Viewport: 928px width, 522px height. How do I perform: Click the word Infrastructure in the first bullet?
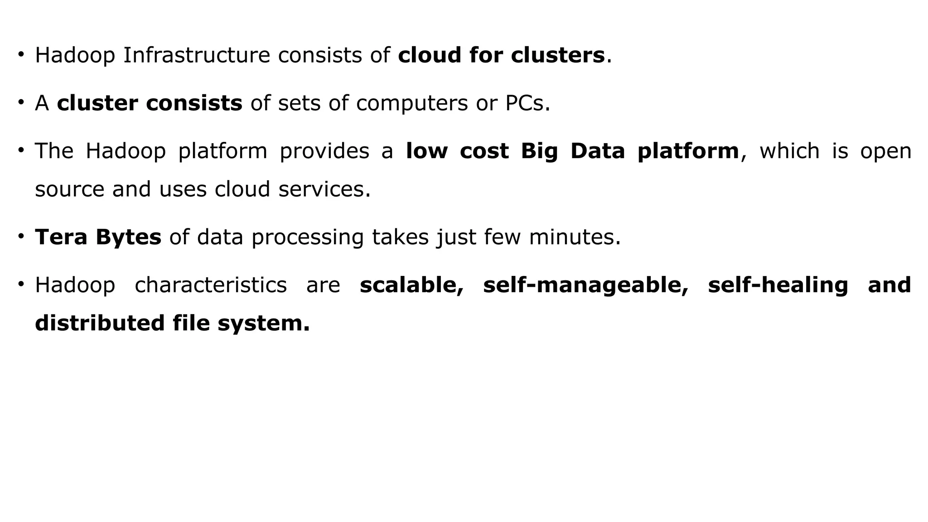pos(196,55)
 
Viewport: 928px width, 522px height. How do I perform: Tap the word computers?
pos(411,103)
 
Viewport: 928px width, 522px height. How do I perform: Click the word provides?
pos(324,151)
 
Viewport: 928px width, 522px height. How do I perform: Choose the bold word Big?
pos(539,151)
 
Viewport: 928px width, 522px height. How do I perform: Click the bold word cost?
pos(484,151)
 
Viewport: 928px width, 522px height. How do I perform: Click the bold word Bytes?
pos(128,237)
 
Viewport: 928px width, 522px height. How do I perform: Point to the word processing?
pos(307,237)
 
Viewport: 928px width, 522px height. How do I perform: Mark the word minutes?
pos(574,237)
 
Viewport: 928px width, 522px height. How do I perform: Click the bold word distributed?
pos(100,324)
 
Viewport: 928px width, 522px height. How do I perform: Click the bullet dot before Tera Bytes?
pos(21,236)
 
